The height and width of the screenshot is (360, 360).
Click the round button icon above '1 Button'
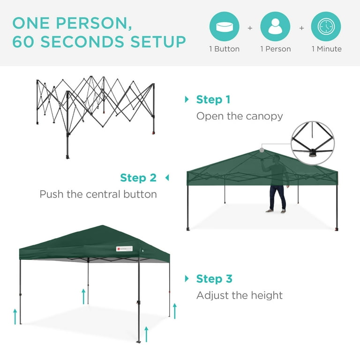point(224,27)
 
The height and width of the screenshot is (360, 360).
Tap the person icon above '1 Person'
point(275,27)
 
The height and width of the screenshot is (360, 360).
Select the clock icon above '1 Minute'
point(326,27)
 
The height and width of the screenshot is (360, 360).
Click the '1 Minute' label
point(326,49)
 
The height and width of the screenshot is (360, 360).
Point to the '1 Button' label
point(224,49)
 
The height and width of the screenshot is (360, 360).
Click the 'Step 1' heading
point(213,99)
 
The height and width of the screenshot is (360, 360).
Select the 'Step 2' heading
point(138,178)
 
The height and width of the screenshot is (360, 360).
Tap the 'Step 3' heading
point(214,279)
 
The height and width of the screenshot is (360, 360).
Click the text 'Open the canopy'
point(240,116)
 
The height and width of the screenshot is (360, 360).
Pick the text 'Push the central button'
point(98,194)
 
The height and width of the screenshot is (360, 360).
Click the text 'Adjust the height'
point(240,295)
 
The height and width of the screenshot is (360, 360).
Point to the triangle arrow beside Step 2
point(166,178)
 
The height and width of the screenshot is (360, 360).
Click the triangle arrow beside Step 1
point(187,99)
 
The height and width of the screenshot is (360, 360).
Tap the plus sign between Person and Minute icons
point(301,28)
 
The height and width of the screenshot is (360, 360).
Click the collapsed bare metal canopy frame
point(96,112)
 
